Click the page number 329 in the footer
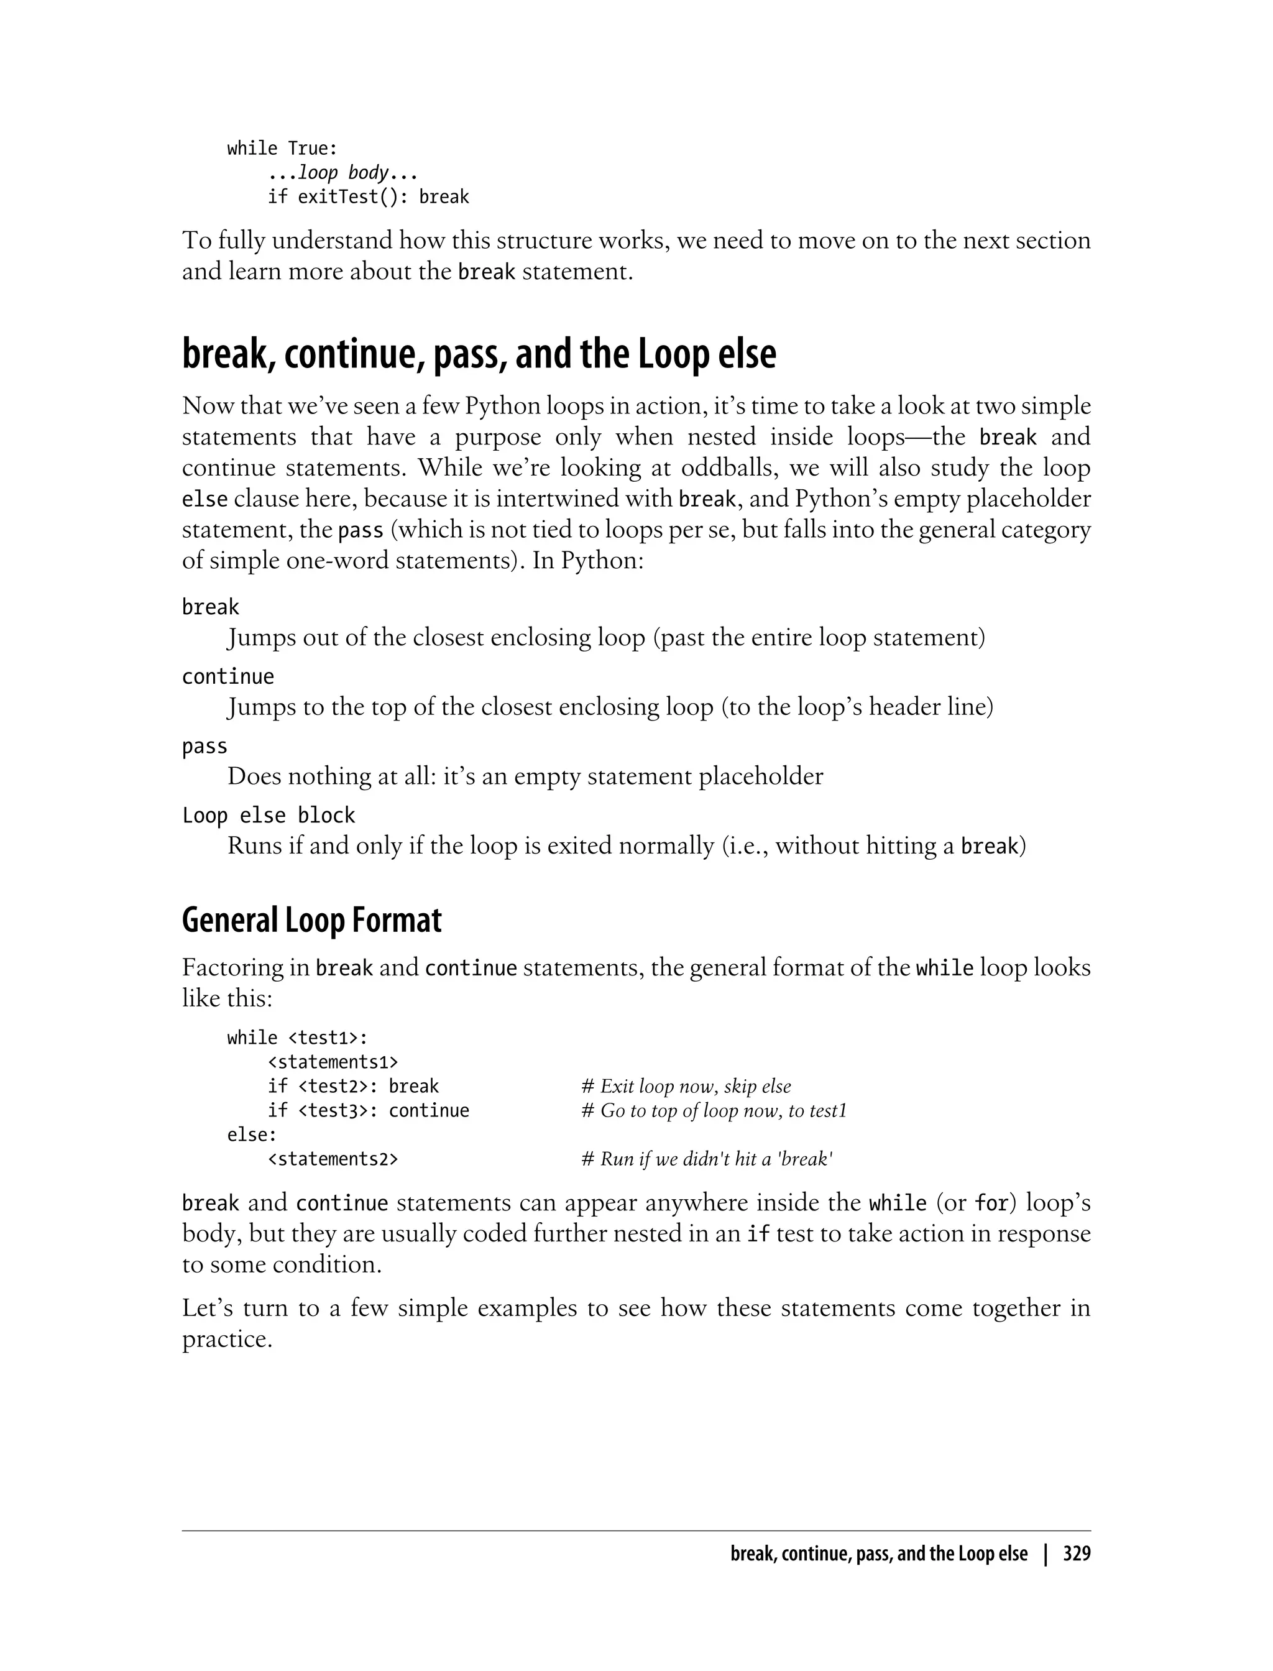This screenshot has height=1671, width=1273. click(x=1076, y=1554)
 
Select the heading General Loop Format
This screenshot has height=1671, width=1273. click(x=311, y=921)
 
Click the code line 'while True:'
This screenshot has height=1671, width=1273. click(x=282, y=149)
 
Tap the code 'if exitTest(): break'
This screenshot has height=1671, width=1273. click(x=368, y=197)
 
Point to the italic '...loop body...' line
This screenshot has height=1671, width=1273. click(x=342, y=173)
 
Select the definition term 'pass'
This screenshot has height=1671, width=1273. click(x=205, y=747)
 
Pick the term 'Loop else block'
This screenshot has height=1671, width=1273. click(x=269, y=816)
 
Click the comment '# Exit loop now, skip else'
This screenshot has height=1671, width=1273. click(x=686, y=1087)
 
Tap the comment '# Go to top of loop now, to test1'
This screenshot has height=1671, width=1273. click(x=713, y=1111)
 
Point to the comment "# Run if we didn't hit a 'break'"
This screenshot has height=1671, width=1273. click(x=707, y=1159)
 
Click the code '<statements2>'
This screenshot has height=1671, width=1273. click(x=333, y=1159)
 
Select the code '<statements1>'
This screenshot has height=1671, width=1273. click(x=333, y=1062)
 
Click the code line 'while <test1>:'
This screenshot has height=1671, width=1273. click(x=297, y=1038)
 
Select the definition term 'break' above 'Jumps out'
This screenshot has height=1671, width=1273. click(x=210, y=608)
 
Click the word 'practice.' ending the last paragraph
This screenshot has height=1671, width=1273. click(x=226, y=1339)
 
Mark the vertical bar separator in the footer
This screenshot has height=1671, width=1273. click(x=1046, y=1554)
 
